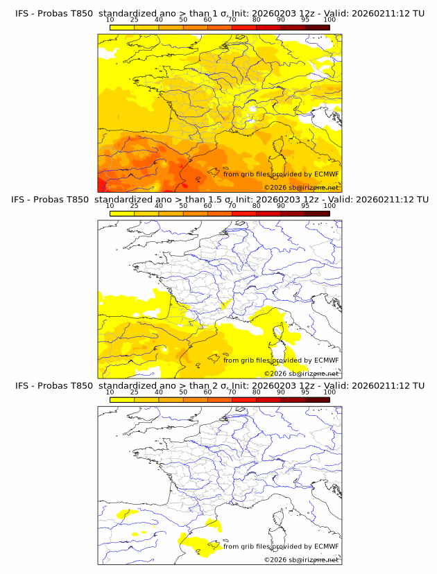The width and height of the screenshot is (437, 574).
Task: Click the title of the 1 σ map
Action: coord(219,13)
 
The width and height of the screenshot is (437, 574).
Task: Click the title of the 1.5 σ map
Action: coord(219,199)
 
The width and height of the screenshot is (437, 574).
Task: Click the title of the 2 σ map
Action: coord(219,385)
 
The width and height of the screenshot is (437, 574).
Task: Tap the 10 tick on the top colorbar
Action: coord(110,20)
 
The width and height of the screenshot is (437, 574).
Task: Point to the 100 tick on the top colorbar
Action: coord(329,20)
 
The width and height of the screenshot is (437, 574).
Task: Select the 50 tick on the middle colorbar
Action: coord(183,206)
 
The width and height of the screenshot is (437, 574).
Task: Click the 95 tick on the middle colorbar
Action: coord(305,206)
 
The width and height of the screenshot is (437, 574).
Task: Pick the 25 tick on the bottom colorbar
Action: coord(134,392)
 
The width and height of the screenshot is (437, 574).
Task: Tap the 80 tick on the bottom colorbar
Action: coord(257,392)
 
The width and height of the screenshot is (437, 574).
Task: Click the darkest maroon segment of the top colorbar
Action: coord(317,27)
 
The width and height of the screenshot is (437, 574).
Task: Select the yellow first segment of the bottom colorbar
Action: coord(121,400)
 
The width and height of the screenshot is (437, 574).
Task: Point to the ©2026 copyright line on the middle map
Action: coord(301,373)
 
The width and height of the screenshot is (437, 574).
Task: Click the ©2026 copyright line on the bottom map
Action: coord(301,559)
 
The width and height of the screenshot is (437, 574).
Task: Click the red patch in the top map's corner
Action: coord(101,184)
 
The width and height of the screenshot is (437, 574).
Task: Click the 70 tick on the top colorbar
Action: coord(232,20)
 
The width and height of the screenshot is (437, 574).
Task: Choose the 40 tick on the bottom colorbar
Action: coord(159,392)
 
